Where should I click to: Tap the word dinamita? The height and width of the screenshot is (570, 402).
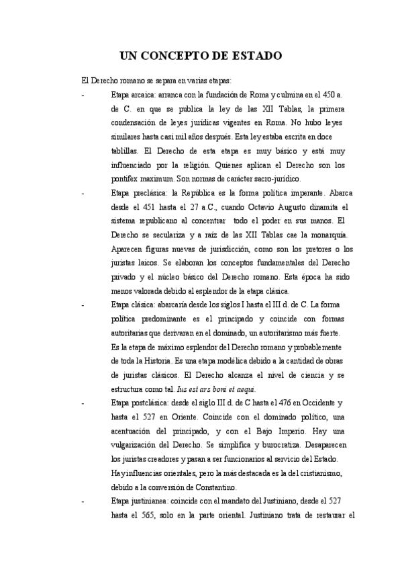(x=319, y=208)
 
